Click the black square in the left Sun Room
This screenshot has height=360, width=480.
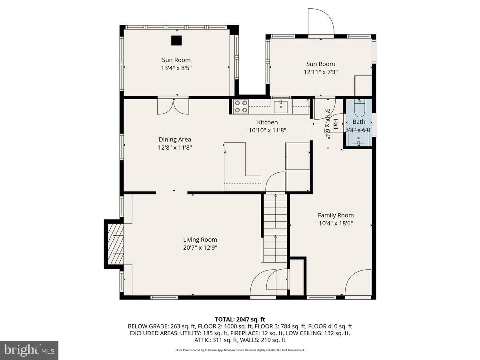176,40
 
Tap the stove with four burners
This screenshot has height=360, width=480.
241,106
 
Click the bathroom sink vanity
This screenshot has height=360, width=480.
358,138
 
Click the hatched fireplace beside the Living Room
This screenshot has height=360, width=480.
115,244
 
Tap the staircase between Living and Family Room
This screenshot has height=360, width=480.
275,228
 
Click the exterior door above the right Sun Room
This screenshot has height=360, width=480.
321,22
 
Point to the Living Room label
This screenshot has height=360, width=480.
200,240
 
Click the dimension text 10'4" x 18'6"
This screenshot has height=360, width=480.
336,224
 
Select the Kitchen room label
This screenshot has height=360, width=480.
267,122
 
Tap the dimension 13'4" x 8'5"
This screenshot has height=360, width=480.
176,68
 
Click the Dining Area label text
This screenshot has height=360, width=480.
175,140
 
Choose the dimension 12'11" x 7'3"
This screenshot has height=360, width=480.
320,72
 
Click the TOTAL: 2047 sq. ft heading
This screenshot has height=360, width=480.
240,319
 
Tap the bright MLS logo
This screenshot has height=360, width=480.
29,350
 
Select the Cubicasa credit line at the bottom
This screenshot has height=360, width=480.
240,350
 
